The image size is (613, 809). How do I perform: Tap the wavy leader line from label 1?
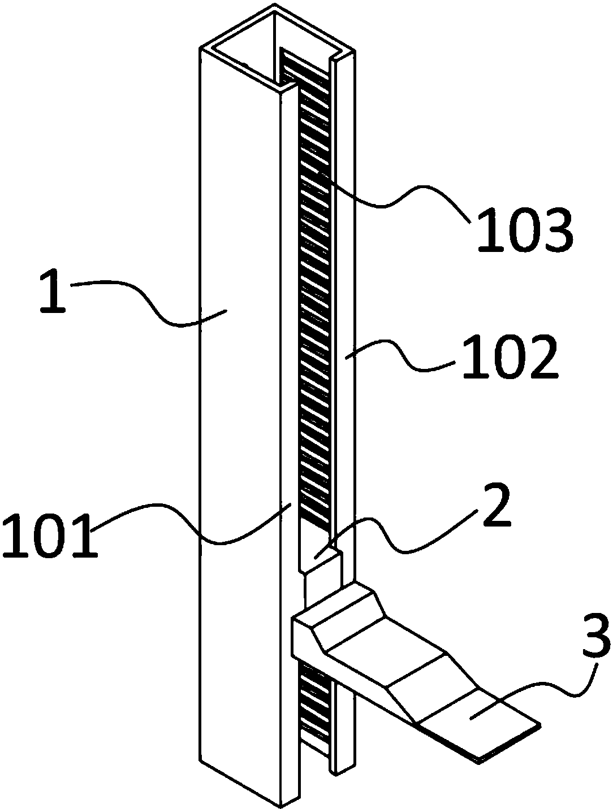click(x=148, y=303)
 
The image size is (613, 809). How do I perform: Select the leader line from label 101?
click(x=192, y=520)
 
